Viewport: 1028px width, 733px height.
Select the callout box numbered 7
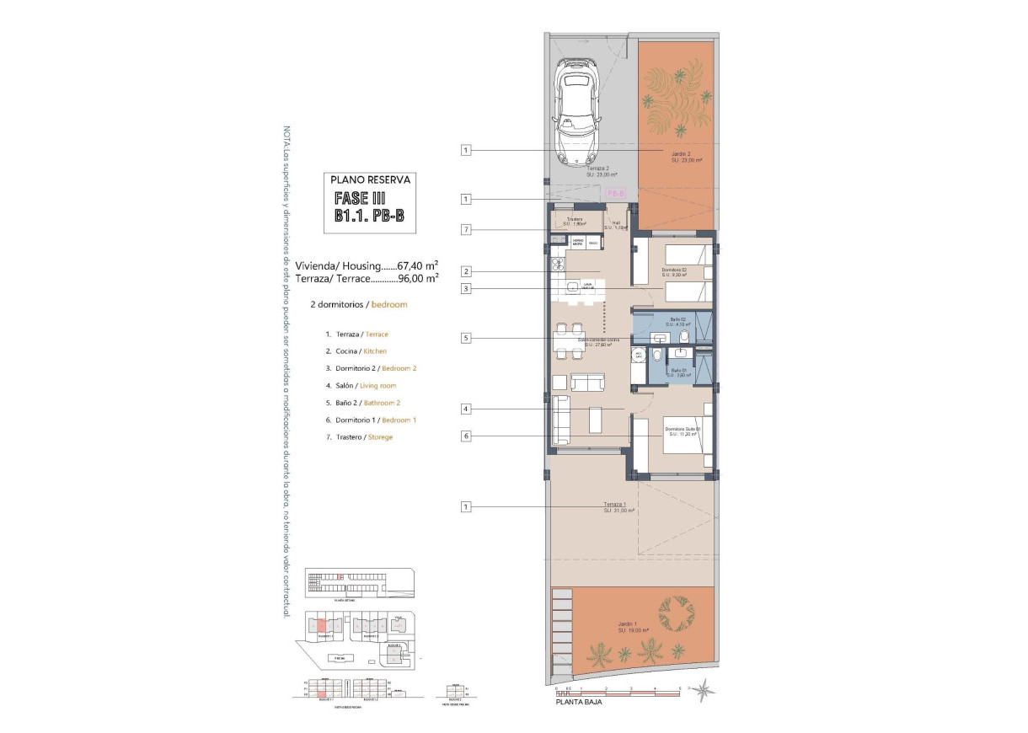[465, 229]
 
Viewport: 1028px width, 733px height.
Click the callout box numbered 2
[465, 271]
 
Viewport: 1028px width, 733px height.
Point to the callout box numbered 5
[465, 338]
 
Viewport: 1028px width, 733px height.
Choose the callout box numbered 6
[465, 436]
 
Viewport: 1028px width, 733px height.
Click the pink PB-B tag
[614, 193]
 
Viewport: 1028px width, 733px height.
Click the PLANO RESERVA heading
[370, 179]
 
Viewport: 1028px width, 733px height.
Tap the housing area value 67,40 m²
[423, 264]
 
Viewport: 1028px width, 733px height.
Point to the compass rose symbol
[707, 691]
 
